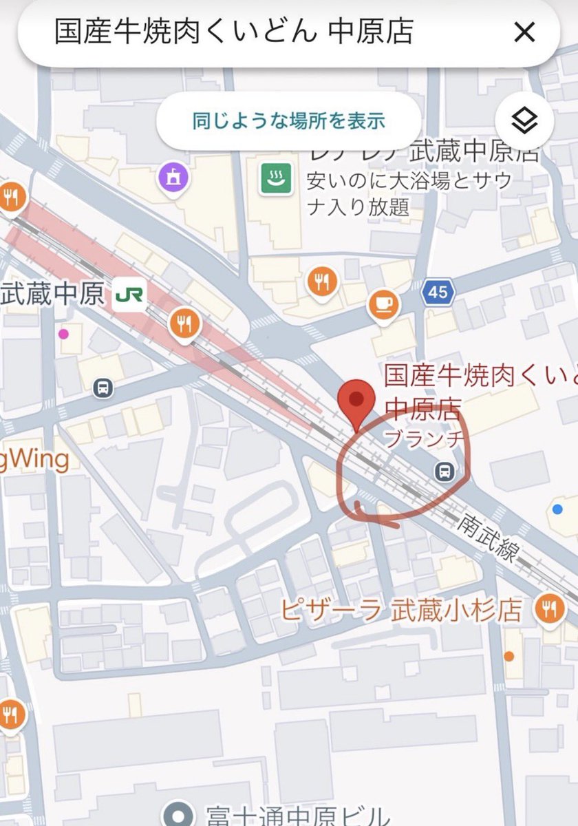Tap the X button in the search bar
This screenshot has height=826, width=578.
point(524,32)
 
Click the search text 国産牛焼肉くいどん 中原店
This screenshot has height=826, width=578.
point(234,32)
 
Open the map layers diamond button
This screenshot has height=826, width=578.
point(524,121)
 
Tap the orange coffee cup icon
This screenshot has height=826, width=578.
point(383,304)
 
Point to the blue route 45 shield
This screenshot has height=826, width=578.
point(438,293)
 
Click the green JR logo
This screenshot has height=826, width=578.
point(130,295)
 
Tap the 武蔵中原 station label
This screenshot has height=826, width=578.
point(52,295)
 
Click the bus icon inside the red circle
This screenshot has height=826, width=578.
point(445,472)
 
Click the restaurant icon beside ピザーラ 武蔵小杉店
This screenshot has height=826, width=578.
point(551,608)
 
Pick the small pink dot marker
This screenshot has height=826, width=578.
point(63,335)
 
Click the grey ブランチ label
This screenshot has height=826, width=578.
point(417,438)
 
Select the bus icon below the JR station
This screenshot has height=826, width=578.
point(103,388)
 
